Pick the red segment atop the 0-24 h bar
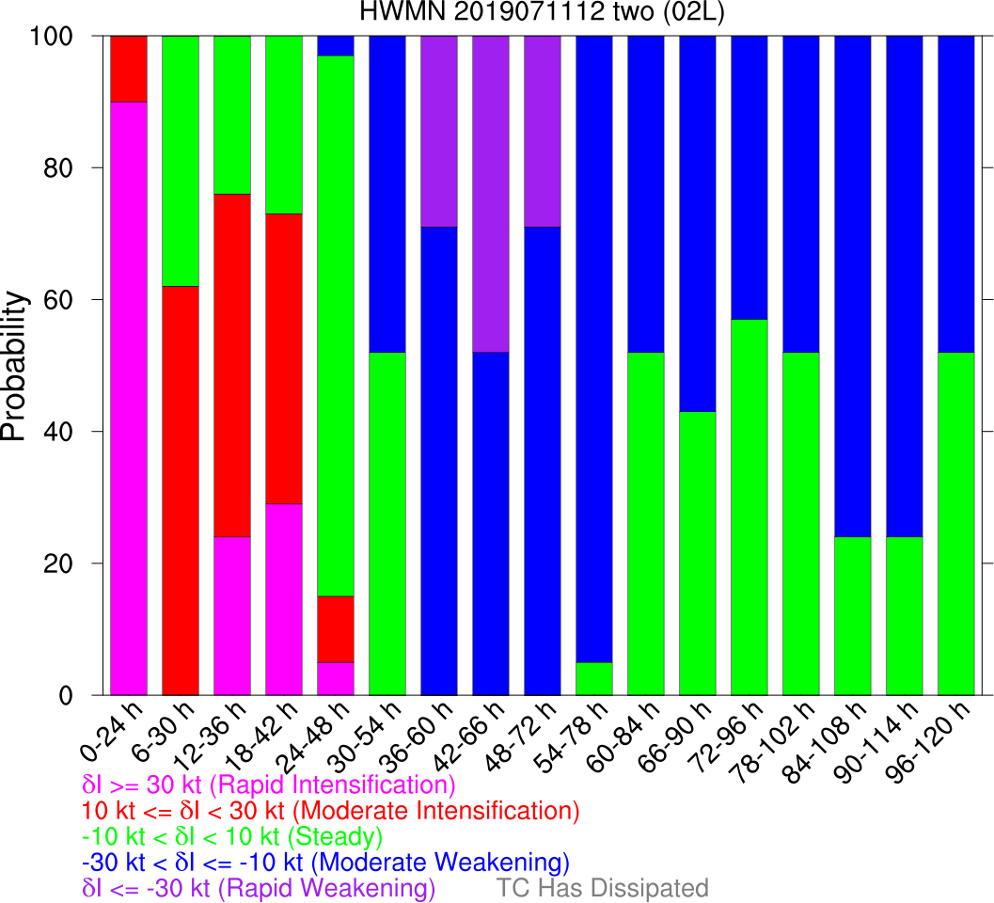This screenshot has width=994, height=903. pos(129,69)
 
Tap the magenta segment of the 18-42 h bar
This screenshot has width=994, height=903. pos(284,599)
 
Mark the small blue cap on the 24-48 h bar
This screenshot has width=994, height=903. pos(336,45)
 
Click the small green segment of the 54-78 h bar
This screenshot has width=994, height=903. pos(594,678)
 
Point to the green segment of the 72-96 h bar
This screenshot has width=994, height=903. pos(749,507)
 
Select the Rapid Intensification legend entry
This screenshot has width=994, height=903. pos(269,784)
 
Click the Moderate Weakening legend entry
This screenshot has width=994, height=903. pos(325,862)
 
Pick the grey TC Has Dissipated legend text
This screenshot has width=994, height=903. pos(602,888)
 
